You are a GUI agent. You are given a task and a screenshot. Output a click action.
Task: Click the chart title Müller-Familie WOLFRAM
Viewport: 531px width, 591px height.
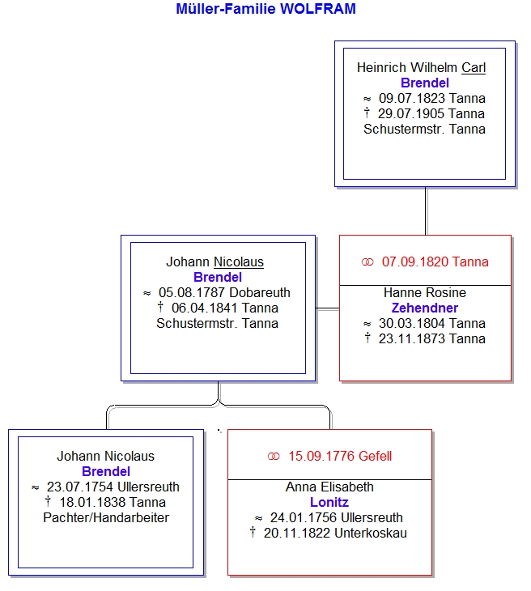(x=265, y=9)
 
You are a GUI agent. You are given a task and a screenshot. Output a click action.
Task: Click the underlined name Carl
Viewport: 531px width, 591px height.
(x=474, y=68)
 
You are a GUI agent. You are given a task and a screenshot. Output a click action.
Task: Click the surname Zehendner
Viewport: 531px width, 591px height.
(x=425, y=308)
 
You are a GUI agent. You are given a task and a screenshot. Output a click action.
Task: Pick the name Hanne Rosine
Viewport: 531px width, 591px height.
(x=425, y=293)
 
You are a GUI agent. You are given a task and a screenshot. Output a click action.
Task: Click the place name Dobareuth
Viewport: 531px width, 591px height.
(x=260, y=293)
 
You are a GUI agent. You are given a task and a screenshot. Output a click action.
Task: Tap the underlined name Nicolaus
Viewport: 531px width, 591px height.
(x=239, y=262)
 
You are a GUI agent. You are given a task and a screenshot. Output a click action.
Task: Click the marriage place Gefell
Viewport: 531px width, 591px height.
(x=375, y=457)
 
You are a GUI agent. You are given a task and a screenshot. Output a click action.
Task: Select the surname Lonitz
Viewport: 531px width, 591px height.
(x=329, y=503)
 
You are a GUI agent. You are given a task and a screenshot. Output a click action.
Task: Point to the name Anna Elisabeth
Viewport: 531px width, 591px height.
(x=329, y=487)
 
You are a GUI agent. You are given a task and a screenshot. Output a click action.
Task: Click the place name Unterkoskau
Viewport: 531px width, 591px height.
(x=371, y=534)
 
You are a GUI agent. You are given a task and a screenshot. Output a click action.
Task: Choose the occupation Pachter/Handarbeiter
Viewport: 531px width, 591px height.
(x=106, y=518)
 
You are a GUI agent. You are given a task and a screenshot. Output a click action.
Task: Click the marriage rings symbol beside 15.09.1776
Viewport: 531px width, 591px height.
(x=274, y=457)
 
